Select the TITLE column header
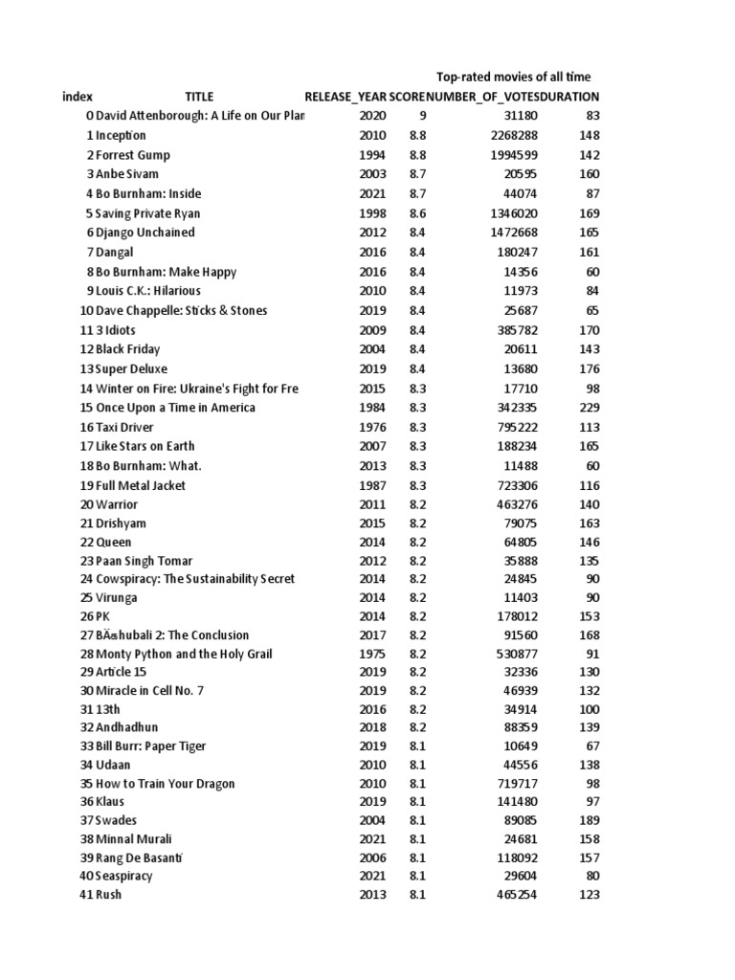[199, 97]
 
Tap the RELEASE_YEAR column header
[345, 97]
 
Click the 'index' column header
[78, 97]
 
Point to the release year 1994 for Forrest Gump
[372, 155]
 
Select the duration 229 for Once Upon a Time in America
[590, 408]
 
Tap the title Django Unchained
[145, 233]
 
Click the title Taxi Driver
[124, 427]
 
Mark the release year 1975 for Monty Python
[372, 654]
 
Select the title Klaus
[110, 802]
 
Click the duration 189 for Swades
[590, 821]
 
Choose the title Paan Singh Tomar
[144, 561]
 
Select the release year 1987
[372, 485]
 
